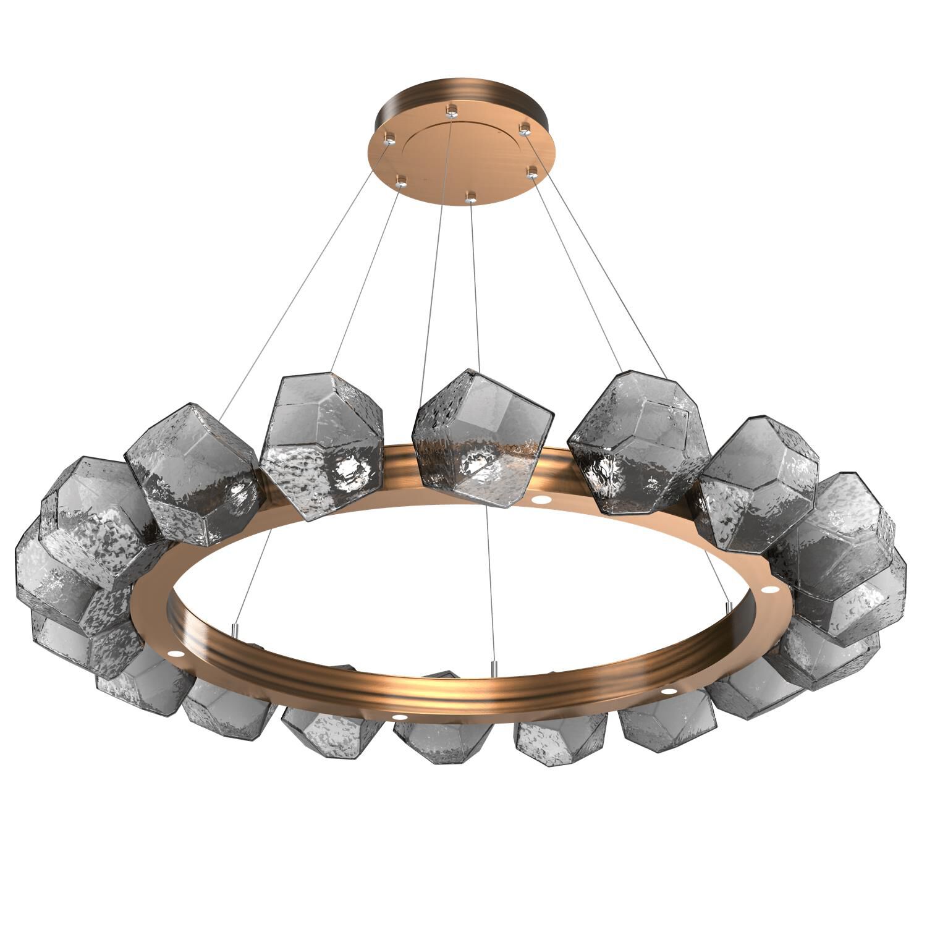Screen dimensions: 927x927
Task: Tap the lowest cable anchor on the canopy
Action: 471,197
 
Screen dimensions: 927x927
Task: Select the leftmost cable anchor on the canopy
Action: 389,140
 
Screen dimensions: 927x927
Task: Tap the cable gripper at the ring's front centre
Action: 494,667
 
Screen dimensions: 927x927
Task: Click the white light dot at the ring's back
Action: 542,498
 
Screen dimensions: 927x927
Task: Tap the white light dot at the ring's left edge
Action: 175,653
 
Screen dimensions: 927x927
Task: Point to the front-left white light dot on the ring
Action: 399,717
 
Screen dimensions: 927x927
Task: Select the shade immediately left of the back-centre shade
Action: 321,445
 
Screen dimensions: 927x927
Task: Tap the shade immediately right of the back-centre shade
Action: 638,442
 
